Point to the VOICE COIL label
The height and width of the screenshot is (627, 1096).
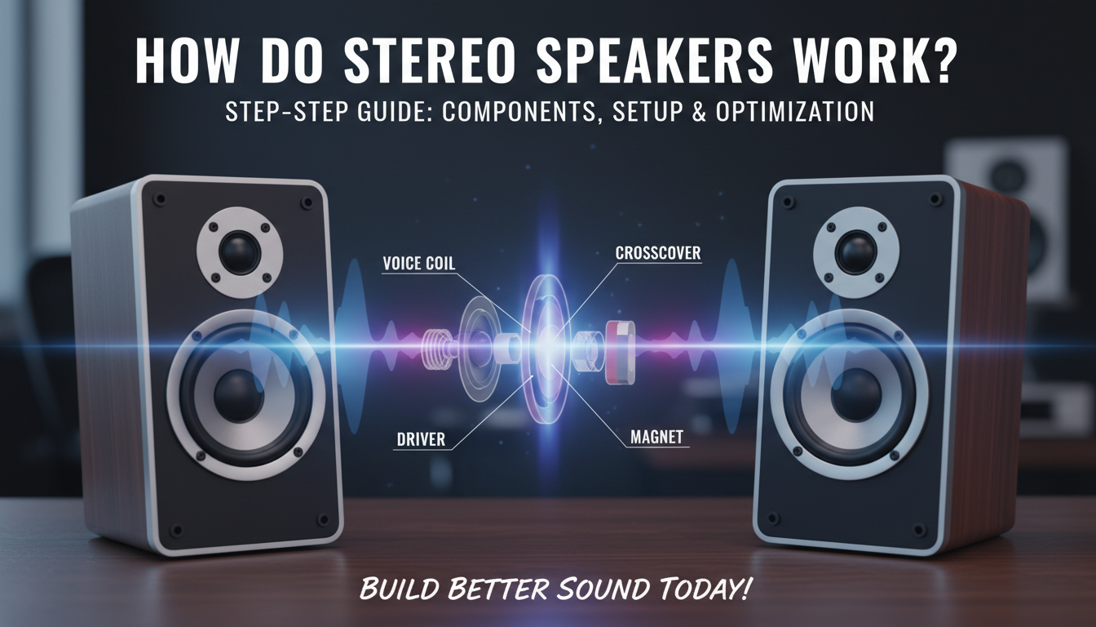pos(418,264)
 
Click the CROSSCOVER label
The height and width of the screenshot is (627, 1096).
pos(658,255)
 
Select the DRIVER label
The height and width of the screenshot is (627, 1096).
pos(421,439)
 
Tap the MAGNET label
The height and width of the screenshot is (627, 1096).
pos(656,437)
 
